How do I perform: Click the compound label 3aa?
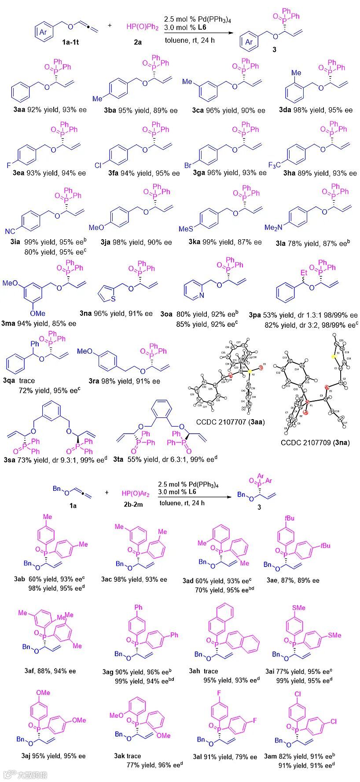pyautogui.click(x=19, y=110)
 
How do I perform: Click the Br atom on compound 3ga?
pyautogui.click(x=188, y=166)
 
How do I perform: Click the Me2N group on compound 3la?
pyautogui.click(x=273, y=227)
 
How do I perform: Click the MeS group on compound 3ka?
pyautogui.click(x=186, y=229)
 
